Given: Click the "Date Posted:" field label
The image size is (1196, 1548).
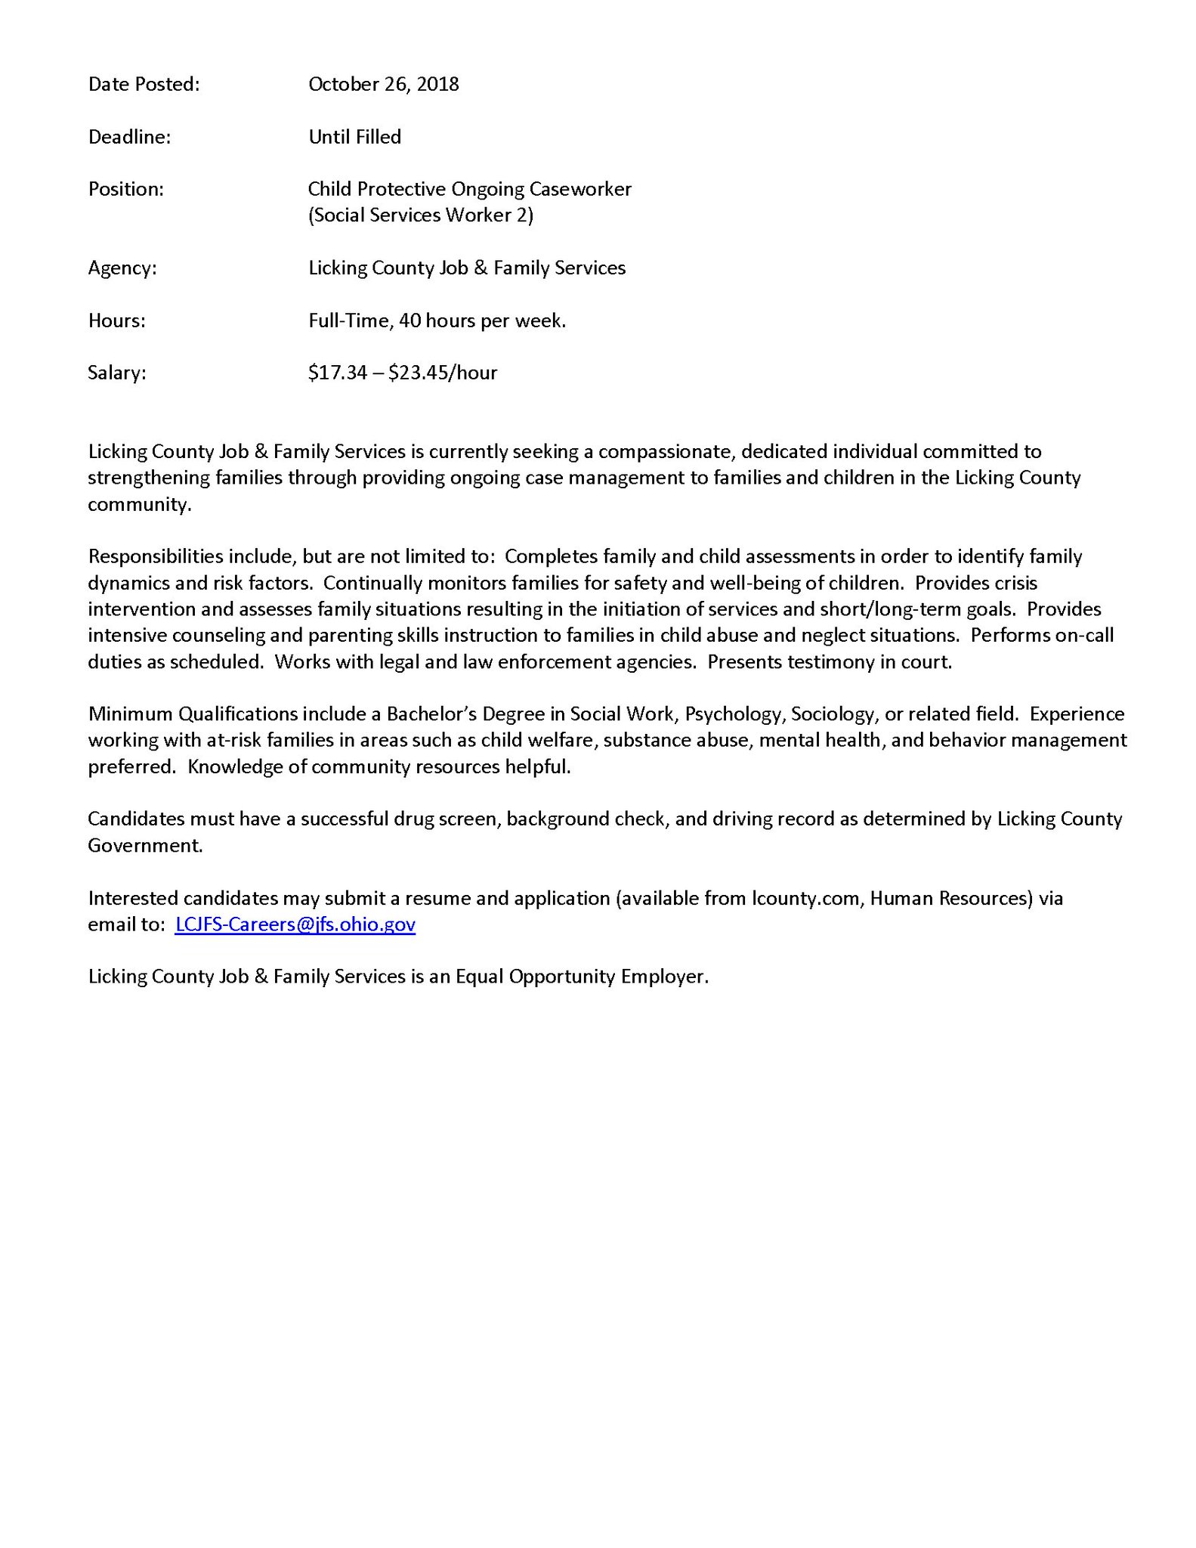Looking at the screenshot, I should point(144,85).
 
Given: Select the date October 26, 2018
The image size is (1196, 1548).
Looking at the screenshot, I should point(383,85).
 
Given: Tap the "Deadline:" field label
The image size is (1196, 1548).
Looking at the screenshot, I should point(129,138).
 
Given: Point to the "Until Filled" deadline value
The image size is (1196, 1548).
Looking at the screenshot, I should point(354,138).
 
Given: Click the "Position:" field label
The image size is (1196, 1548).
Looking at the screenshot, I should point(125,190).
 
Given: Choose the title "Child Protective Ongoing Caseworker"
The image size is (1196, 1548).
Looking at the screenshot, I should point(469,190).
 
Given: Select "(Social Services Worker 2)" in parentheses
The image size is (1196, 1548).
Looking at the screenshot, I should point(420,215).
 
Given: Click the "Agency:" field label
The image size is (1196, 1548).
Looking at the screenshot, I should point(122,268).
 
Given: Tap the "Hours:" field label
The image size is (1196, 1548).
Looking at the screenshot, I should point(116,321).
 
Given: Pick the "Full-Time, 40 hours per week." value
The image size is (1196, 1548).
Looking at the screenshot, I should point(437,321).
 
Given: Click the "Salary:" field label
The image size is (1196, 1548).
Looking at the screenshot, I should point(116,373).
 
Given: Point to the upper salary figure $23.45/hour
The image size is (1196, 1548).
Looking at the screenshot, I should point(443,373).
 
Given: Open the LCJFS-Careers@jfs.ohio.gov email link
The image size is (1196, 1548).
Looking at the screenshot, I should point(295,924).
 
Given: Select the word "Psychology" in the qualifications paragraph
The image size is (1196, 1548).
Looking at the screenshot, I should point(733,715).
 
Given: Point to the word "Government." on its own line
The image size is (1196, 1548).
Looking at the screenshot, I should point(145,846).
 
